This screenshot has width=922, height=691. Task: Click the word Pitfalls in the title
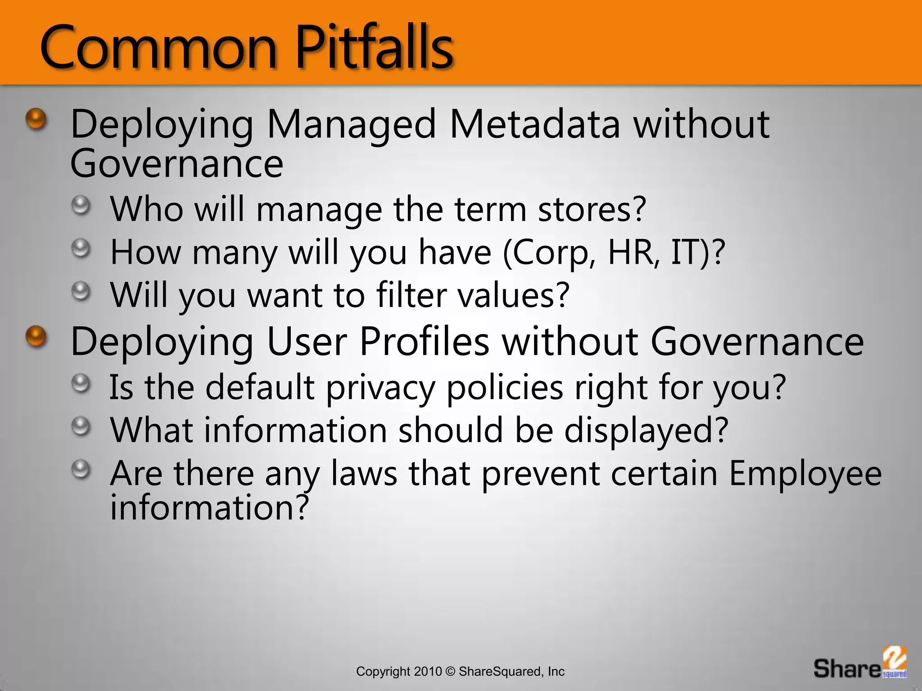click(x=375, y=47)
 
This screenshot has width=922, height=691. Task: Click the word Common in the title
click(x=158, y=47)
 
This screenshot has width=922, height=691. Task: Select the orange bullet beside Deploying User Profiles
click(x=36, y=337)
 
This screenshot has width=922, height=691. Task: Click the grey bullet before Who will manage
click(x=81, y=206)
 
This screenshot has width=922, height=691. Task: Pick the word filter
click(x=411, y=295)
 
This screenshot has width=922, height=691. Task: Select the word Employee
click(x=805, y=475)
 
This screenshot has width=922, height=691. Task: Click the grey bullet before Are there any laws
click(x=81, y=469)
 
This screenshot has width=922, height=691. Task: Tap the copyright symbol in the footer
click(x=450, y=672)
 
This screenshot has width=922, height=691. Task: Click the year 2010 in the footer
click(x=428, y=672)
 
